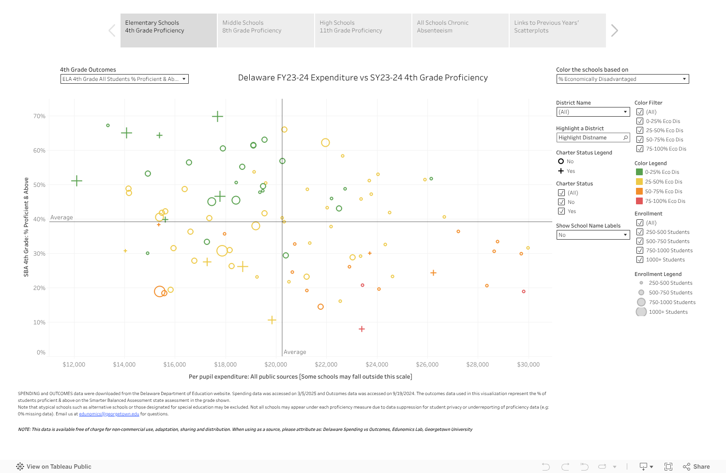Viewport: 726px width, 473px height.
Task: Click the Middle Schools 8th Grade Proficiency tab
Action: click(266, 30)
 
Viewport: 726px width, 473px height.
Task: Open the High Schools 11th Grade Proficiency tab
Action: click(363, 30)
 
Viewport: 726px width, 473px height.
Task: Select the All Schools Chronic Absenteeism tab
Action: click(460, 30)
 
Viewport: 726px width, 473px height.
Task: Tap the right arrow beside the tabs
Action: click(614, 31)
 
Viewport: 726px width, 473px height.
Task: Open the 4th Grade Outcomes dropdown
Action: click(124, 79)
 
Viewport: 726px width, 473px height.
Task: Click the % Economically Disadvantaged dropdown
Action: click(622, 79)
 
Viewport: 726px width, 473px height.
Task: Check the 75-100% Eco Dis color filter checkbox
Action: click(640, 149)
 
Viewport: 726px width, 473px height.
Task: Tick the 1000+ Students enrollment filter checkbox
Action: click(640, 259)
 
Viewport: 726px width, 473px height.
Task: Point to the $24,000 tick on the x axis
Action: click(377, 365)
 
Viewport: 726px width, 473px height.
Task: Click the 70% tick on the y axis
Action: click(39, 116)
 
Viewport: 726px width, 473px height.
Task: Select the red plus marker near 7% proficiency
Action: click(362, 329)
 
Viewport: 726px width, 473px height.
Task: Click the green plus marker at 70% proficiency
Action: click(217, 116)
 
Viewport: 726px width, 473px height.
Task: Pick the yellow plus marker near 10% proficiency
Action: click(272, 320)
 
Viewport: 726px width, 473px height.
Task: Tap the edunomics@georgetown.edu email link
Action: click(109, 414)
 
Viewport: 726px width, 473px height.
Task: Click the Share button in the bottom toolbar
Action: click(696, 467)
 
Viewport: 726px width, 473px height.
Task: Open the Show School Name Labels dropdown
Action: click(592, 235)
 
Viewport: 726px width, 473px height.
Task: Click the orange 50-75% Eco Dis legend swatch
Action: click(639, 191)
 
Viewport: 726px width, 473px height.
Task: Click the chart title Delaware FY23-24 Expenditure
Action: click(363, 77)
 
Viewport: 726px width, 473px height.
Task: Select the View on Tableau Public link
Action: click(54, 467)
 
